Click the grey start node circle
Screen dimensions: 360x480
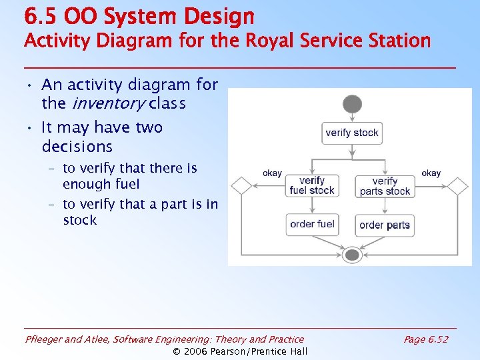point(352,105)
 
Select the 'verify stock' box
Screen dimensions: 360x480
point(352,133)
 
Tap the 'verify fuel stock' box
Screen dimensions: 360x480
point(312,185)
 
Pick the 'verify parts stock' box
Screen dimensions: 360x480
point(385,186)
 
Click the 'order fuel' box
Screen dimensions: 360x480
point(312,224)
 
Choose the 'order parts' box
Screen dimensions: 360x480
point(385,225)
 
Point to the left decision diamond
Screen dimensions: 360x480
point(241,186)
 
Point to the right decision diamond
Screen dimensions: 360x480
point(458,186)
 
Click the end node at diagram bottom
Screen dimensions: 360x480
point(352,255)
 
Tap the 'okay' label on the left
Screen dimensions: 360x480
point(272,173)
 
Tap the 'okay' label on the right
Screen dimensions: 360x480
point(431,173)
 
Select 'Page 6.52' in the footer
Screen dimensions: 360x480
point(425,339)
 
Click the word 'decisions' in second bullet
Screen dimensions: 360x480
point(77,146)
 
